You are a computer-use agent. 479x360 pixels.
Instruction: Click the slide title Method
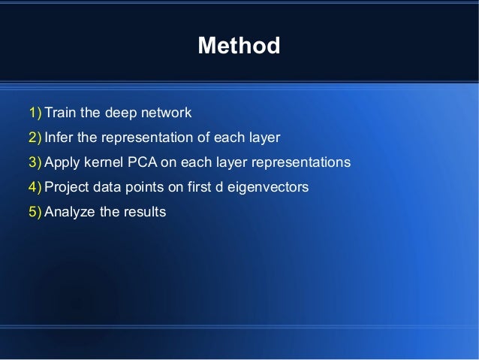pyautogui.click(x=239, y=47)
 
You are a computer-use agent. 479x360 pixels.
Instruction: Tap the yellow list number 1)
pyautogui.click(x=35, y=113)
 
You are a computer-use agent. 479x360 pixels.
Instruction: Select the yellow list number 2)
pyautogui.click(x=35, y=138)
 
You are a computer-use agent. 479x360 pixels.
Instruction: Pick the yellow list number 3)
pyautogui.click(x=35, y=163)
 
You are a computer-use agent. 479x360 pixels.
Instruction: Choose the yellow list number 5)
pyautogui.click(x=35, y=212)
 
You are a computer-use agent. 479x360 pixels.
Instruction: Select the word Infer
pyautogui.click(x=59, y=138)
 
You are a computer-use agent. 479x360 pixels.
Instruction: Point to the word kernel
pyautogui.click(x=103, y=163)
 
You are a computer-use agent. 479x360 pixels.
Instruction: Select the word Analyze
pyautogui.click(x=70, y=212)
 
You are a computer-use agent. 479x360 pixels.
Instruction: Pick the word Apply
pyautogui.click(x=62, y=163)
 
